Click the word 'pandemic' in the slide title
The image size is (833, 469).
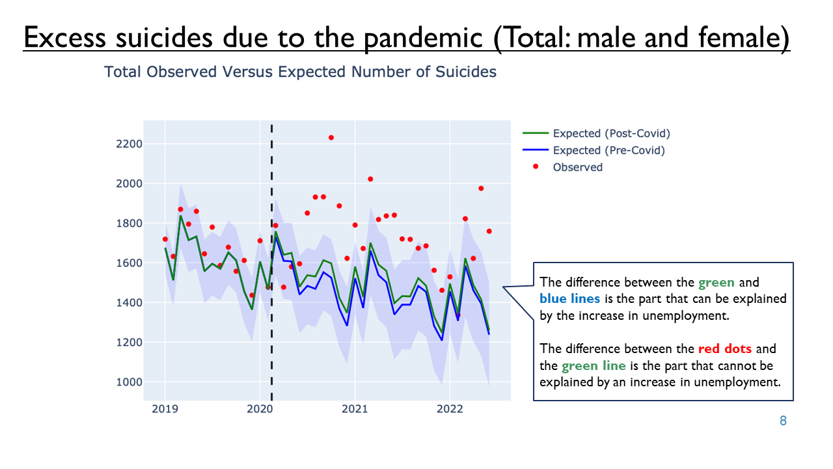[423, 38]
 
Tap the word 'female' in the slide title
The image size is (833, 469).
[739, 37]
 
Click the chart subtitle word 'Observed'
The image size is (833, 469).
[182, 72]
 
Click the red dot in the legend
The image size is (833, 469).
[536, 166]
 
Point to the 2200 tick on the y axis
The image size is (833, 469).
[129, 144]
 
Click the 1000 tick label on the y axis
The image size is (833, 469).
[129, 382]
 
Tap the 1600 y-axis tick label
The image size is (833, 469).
[129, 263]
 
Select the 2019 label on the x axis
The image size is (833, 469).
[165, 409]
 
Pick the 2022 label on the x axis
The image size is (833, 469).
[450, 409]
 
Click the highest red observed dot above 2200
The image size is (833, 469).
[331, 137]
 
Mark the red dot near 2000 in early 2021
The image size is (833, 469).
[370, 179]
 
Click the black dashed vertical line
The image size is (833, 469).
[272, 263]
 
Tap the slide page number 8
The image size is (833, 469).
[783, 421]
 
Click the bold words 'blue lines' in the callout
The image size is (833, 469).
[569, 298]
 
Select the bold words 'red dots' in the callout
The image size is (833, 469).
[725, 348]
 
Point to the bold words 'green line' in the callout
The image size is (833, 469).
[594, 366]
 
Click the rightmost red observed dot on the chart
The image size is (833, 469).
[489, 231]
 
